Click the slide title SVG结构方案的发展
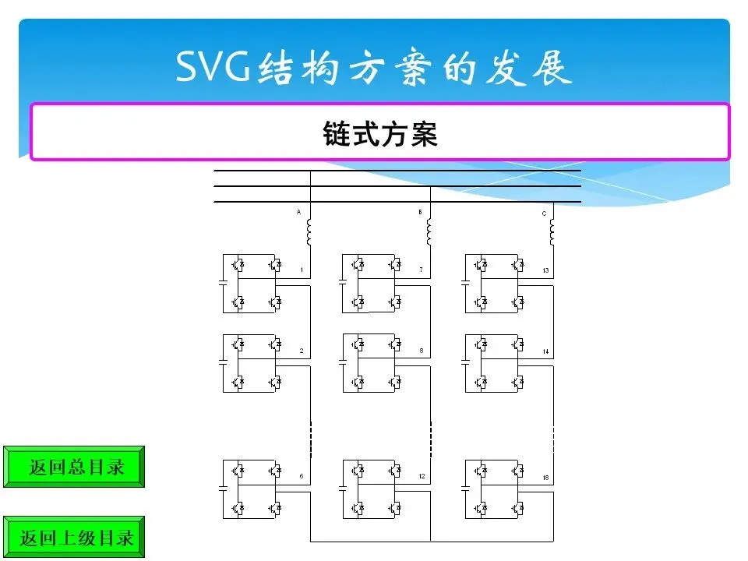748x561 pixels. point(374,69)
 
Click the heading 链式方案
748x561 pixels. point(380,133)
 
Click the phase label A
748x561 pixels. point(298,212)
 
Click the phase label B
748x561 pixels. point(420,212)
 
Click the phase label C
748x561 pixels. point(544,213)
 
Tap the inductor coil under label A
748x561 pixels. point(309,231)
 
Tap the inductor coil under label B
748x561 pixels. point(429,231)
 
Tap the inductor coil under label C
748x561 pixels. point(552,231)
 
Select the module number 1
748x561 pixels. point(301,270)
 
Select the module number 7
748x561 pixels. point(421,270)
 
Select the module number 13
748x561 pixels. point(545,270)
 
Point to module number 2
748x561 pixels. point(301,351)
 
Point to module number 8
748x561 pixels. point(421,351)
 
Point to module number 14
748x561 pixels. point(545,352)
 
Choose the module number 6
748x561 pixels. point(301,476)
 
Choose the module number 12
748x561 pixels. point(422,476)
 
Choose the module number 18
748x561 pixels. point(545,476)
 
